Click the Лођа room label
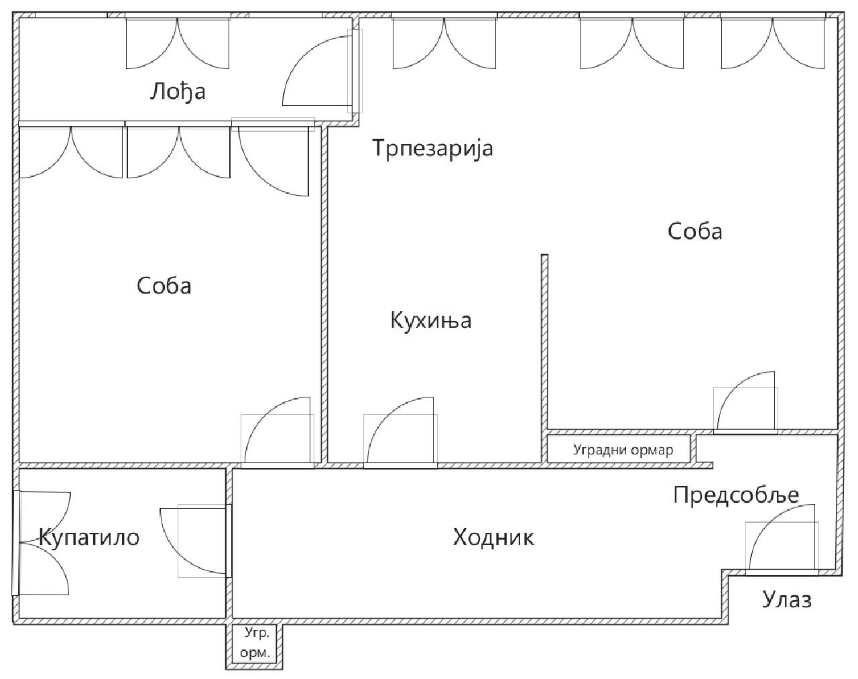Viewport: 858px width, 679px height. tap(178, 92)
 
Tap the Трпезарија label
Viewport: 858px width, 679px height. tap(432, 148)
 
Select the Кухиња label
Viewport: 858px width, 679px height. tap(430, 320)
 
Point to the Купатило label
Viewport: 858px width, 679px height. tap(89, 537)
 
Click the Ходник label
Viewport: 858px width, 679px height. tap(493, 537)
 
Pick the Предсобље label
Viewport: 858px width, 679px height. tap(736, 495)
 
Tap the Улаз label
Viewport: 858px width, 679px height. tap(787, 600)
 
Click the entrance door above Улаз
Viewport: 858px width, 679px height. tap(782, 540)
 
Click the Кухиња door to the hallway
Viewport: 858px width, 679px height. tap(400, 432)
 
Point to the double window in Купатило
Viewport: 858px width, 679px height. tap(42, 543)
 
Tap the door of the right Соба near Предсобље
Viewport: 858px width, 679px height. tap(745, 403)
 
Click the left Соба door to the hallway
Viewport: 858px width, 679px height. tap(278, 432)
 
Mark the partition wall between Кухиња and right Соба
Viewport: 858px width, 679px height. tap(544, 358)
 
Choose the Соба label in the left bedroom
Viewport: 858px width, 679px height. tap(164, 286)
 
